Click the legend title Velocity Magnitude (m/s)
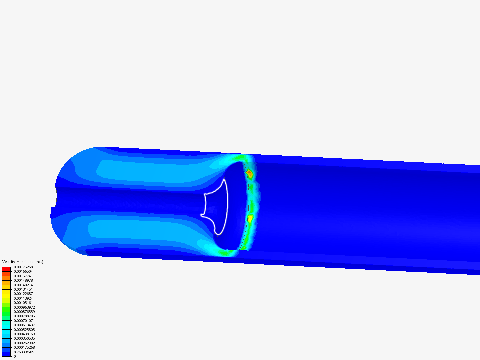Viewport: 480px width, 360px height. (23, 262)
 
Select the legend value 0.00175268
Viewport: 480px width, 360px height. (23, 267)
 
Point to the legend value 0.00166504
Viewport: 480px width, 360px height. (23, 271)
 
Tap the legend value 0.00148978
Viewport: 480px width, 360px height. (23, 280)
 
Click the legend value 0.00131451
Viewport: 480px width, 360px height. (23, 289)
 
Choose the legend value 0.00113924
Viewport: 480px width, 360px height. (23, 298)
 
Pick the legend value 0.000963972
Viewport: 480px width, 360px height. (24, 307)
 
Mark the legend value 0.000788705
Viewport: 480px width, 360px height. (24, 316)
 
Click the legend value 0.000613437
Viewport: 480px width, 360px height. (24, 325)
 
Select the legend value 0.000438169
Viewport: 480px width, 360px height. (24, 334)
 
